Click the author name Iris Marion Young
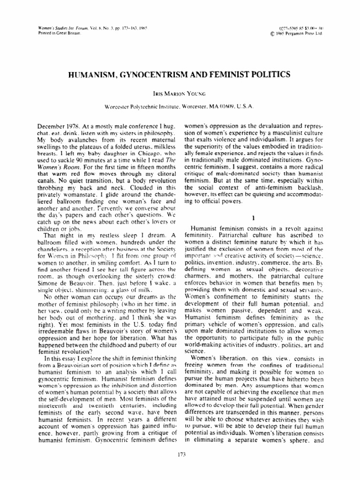point(180,94)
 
